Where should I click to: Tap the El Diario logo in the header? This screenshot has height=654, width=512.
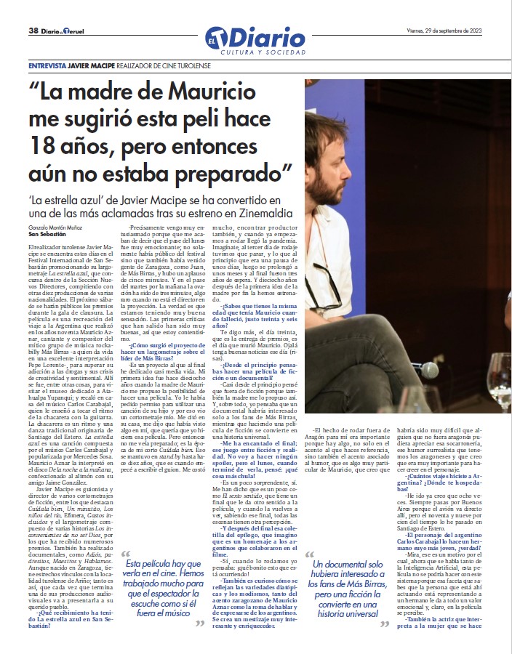255,36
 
